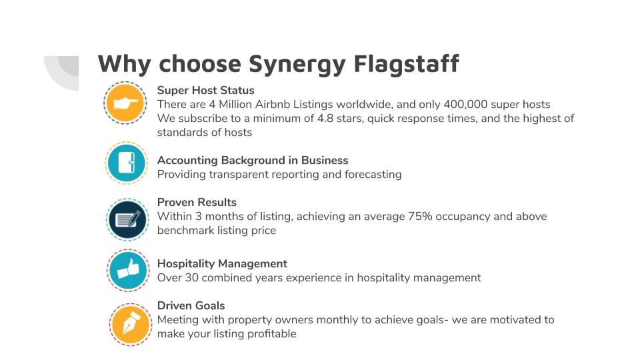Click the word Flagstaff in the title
pos(406,64)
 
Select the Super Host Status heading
pos(206,90)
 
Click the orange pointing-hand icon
pos(125,103)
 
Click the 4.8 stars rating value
pos(325,119)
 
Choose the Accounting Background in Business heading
pos(253,161)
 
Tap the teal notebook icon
pos(127,163)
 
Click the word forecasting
pos(373,175)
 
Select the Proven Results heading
pos(197,203)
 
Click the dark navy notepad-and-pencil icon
pos(127,219)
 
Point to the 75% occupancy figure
pos(421,216)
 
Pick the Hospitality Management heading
pos(222,264)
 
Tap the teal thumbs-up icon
pos(128,271)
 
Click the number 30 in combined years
pos(191,278)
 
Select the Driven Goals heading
pos(191,306)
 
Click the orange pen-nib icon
pos(131,325)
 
